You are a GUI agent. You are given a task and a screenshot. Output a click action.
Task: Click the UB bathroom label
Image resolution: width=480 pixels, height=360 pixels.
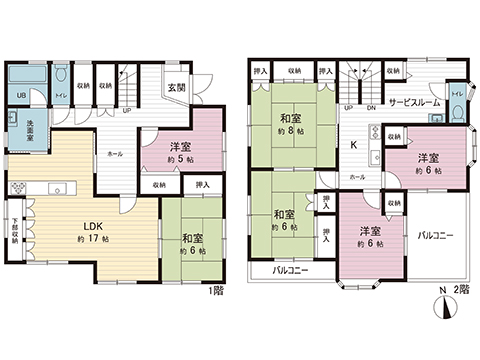(x=19, y=96)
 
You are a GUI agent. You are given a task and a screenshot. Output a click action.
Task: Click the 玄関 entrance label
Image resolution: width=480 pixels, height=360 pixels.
(x=176, y=88)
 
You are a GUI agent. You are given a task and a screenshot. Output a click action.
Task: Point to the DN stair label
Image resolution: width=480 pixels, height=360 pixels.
(x=370, y=108)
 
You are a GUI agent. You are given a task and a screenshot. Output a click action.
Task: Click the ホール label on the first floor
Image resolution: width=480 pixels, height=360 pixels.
(x=116, y=154)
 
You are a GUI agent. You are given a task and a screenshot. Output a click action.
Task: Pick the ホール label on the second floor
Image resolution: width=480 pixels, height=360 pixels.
(x=357, y=177)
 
